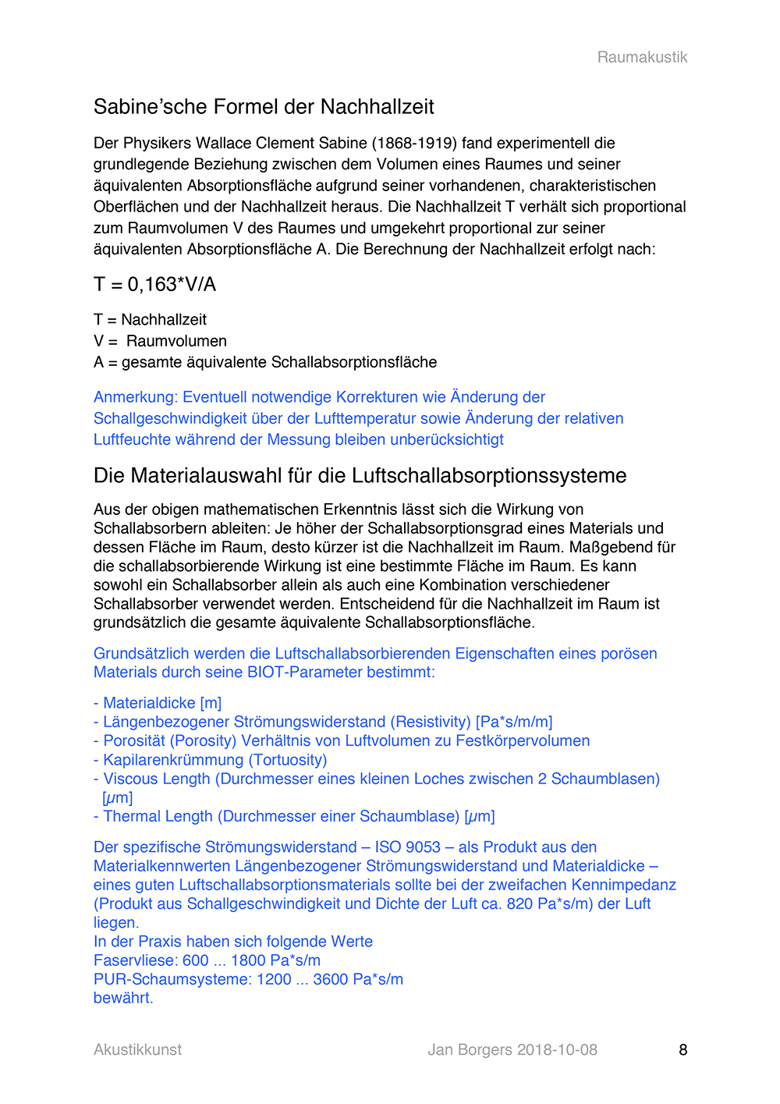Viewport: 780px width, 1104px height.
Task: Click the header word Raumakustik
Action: (x=642, y=57)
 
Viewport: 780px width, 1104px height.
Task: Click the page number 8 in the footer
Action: (x=682, y=1050)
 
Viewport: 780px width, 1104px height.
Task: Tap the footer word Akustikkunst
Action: (x=137, y=1050)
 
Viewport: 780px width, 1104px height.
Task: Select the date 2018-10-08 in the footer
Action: (x=557, y=1050)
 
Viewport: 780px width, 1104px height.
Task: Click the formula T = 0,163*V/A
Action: (x=154, y=285)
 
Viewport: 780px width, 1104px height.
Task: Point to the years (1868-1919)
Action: (x=414, y=144)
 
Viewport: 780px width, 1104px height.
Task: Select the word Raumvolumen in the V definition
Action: (x=176, y=342)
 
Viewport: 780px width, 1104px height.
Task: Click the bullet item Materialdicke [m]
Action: (x=162, y=704)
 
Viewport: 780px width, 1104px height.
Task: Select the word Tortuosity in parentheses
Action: (x=288, y=760)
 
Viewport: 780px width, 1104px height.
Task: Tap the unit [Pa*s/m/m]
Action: (x=514, y=722)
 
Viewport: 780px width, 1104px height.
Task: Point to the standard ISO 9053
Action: (x=407, y=847)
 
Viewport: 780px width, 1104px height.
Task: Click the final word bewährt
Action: (x=122, y=999)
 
